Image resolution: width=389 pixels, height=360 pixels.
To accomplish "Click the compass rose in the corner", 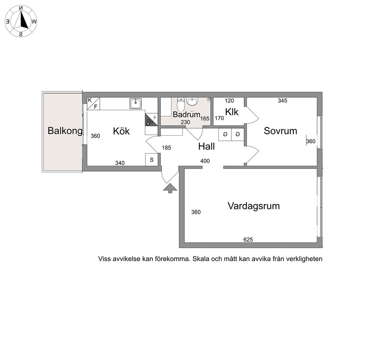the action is pos(21,21).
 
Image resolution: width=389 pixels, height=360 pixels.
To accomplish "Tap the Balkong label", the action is pos(65,131).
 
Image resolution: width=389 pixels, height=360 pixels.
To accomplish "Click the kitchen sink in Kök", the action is pos(135,104).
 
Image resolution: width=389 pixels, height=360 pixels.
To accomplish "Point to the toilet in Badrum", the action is pos(181,104).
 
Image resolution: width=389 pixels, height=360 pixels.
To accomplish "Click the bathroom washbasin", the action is pos(192,102).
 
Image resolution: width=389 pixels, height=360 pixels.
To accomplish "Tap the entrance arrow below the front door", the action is pos(170,188).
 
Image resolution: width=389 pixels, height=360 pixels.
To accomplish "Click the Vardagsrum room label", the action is pos(254,206).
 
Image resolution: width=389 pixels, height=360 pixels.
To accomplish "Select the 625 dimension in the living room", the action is pos(248,240).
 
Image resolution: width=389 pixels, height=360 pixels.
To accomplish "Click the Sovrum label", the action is pos(280,131).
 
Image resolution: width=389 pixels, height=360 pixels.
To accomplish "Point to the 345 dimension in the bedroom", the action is pos(282,100).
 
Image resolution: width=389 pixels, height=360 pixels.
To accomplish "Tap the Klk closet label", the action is pos(232,112).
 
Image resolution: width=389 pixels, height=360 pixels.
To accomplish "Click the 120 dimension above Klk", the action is pos(229,100).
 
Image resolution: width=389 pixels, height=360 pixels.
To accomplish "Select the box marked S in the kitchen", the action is pos(152,160).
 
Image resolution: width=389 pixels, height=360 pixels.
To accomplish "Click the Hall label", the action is pos(206,146).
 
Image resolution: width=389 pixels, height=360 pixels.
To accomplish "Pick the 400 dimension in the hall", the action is pos(205,161).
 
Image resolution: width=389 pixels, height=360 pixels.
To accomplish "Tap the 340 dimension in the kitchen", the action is pos(120,163).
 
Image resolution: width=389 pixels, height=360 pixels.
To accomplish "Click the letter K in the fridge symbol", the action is pos(90,100).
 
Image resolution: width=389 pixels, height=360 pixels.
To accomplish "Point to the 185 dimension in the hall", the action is pos(167,147).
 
